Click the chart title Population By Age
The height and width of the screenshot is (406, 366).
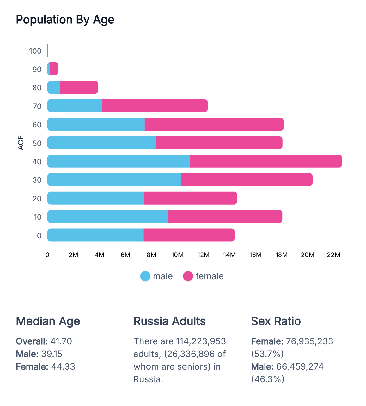[x=65, y=20]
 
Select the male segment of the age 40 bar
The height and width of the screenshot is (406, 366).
[x=119, y=161]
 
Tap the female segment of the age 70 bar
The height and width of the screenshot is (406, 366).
[x=155, y=106]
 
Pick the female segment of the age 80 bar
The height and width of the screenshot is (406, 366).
[x=79, y=87]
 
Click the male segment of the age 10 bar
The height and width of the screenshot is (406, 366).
[x=107, y=216]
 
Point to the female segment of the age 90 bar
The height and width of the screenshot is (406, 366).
[x=54, y=69]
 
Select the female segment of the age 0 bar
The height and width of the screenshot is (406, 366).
[x=189, y=235]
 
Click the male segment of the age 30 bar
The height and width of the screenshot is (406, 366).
[x=114, y=180]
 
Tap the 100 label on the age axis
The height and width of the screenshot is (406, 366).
[x=35, y=51]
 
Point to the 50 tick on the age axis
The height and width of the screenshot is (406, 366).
[x=37, y=143]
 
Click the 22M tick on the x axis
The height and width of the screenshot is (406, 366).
[x=333, y=255]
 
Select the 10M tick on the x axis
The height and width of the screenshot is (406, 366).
[x=177, y=255]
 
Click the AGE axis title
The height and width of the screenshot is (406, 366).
[x=21, y=142]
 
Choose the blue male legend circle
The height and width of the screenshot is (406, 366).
[x=145, y=276]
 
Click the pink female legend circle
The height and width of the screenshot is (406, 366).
[x=188, y=276]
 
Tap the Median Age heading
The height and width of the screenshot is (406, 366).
[x=48, y=321]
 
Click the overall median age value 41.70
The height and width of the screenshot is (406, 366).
[x=61, y=341]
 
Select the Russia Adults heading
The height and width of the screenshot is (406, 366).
[x=169, y=321]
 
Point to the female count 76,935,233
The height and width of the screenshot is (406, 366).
[x=309, y=341]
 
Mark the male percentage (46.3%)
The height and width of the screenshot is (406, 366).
[x=268, y=379]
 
